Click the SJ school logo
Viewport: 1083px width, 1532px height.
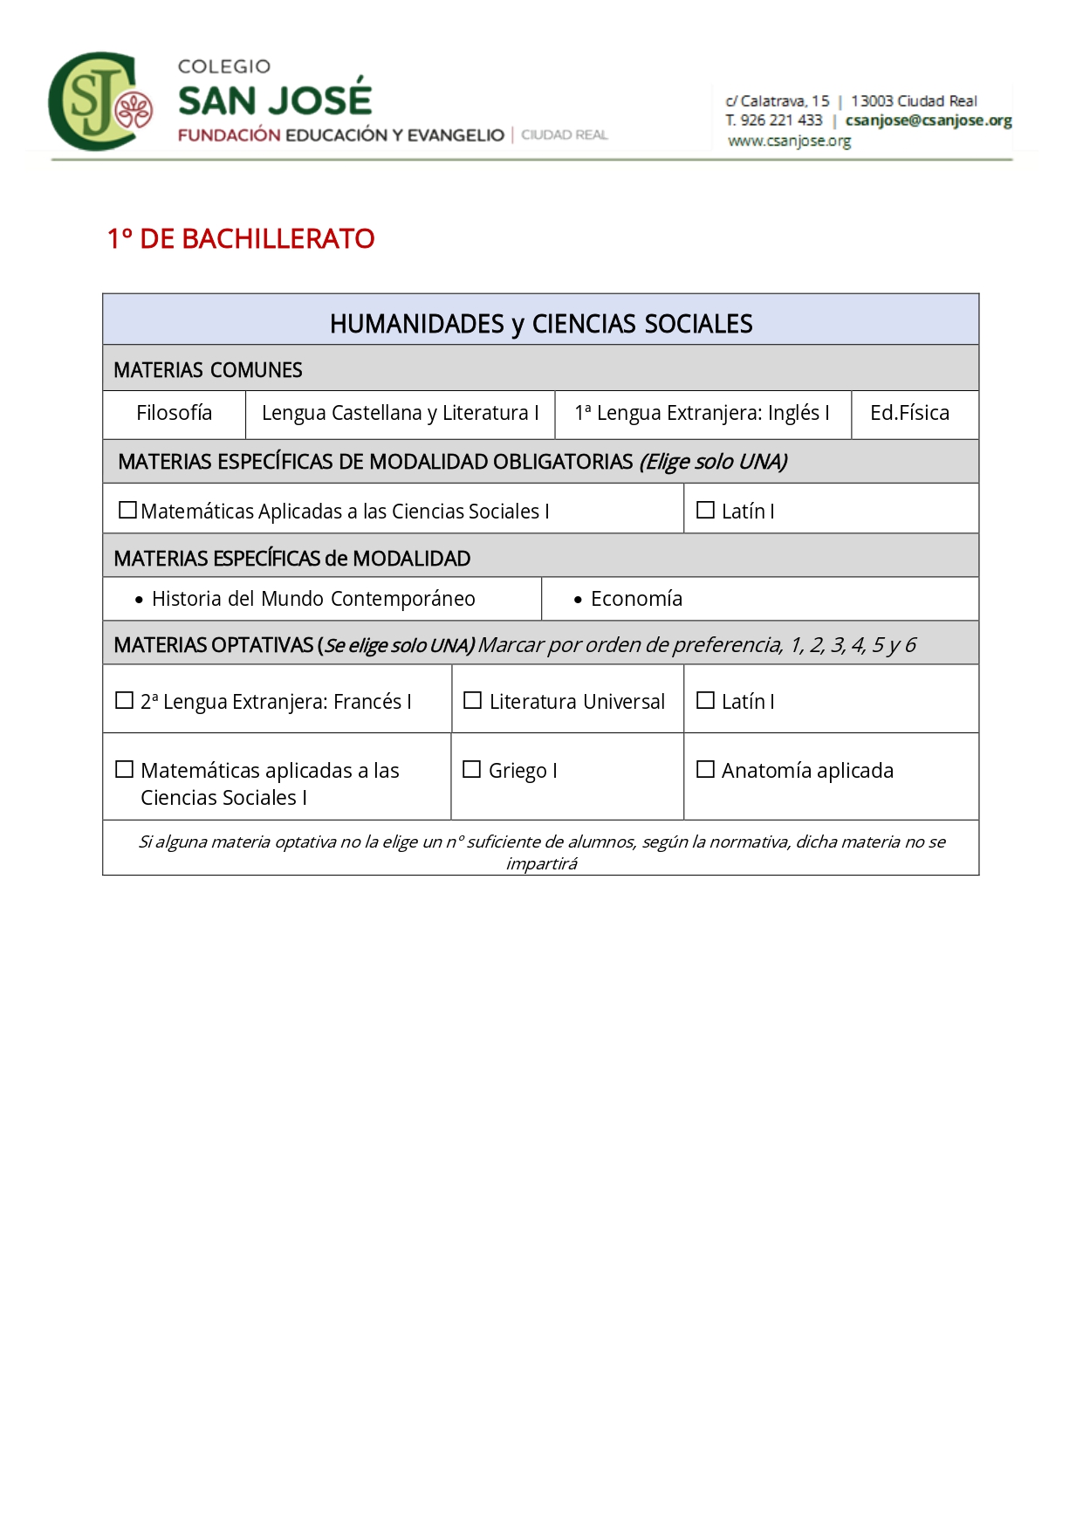(x=99, y=102)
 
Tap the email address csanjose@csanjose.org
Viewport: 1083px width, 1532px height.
(x=928, y=120)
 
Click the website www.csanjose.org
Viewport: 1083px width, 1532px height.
(x=789, y=141)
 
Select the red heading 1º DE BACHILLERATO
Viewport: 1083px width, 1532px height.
(x=241, y=238)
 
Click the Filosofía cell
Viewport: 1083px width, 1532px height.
(x=174, y=413)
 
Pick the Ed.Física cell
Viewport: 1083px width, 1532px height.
(x=909, y=413)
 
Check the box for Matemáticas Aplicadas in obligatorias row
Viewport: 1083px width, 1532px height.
(x=127, y=510)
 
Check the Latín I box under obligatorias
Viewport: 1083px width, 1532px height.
(x=705, y=510)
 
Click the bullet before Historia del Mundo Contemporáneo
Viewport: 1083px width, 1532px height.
(x=139, y=600)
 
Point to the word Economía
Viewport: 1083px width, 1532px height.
(x=636, y=599)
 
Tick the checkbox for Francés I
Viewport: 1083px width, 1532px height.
(x=125, y=700)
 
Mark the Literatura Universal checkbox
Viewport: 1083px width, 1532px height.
(x=472, y=700)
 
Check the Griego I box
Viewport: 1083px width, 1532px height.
(x=472, y=769)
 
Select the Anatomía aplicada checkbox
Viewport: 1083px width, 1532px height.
(x=705, y=769)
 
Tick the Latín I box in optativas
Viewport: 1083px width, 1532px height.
(x=705, y=700)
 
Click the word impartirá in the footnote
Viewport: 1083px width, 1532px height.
(x=541, y=863)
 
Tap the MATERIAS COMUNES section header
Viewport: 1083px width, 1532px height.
(x=208, y=370)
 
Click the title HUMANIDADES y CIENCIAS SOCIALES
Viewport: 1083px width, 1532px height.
(x=541, y=324)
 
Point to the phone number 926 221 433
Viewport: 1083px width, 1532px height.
(x=781, y=120)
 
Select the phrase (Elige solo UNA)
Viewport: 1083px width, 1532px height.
(x=713, y=462)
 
